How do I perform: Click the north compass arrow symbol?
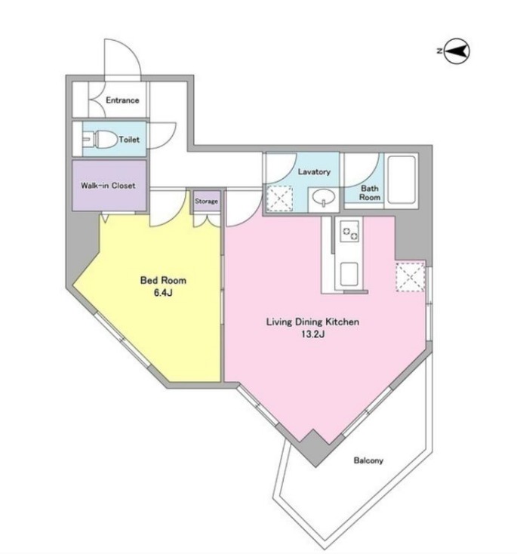457,51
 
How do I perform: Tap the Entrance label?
122,100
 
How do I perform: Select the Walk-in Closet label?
108,186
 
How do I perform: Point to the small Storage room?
206,201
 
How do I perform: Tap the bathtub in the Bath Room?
401,180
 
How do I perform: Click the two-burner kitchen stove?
350,231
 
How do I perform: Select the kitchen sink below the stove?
349,274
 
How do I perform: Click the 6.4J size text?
163,293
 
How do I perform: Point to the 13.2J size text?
312,334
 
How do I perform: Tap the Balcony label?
368,460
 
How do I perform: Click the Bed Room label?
163,281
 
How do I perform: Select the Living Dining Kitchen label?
312,322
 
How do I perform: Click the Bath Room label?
369,193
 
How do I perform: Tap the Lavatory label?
314,172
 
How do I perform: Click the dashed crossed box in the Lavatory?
279,199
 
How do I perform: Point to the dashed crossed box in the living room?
411,277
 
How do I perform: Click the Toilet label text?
129,140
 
